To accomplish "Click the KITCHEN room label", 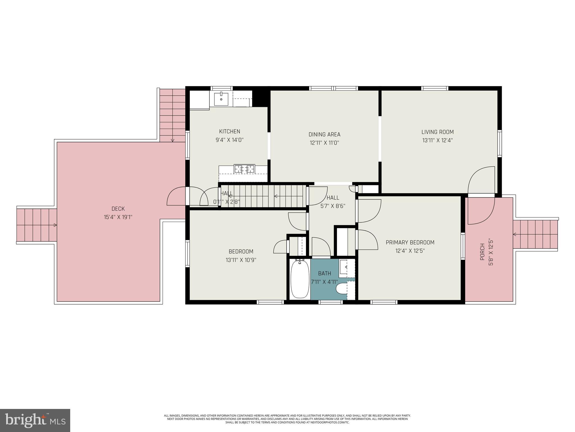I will [229, 131].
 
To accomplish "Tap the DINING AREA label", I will [324, 134].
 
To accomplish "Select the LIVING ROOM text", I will [437, 132].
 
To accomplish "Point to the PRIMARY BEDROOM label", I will [410, 242].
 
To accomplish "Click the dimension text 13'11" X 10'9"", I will [241, 260].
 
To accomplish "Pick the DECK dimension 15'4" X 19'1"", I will [118, 217].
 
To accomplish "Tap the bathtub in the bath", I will [299, 279].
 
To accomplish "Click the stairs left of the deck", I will [36, 225].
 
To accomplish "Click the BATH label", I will [324, 273].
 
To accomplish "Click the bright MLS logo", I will [35, 420].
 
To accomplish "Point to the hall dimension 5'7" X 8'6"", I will [333, 206].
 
